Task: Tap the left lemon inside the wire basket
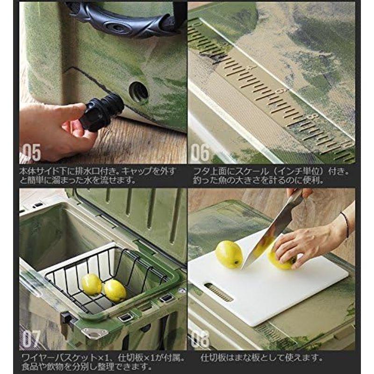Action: click(x=92, y=284)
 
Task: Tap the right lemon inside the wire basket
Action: click(x=115, y=290)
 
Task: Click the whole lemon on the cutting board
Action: click(x=229, y=254)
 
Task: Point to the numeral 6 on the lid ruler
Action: click(x=280, y=91)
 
